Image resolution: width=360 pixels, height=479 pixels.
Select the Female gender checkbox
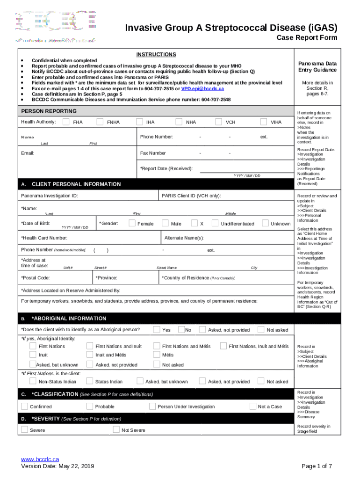pos(132,223)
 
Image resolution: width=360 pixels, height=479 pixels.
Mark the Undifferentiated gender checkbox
pos(215,223)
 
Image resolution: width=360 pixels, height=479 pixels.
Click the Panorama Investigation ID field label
pos(49,196)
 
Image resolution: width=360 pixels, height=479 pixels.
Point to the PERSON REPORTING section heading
pos(49,111)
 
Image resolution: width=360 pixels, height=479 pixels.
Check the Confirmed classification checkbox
pos(24,406)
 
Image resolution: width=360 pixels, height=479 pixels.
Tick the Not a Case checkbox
pos(252,406)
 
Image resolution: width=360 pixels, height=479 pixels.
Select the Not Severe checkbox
pos(116,429)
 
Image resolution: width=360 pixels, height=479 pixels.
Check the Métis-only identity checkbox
pos(157,355)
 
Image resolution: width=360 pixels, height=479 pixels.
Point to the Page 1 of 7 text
pos(317,466)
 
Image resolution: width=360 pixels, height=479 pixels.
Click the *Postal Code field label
pos(36,278)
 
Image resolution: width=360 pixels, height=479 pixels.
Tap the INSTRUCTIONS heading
pos(156,55)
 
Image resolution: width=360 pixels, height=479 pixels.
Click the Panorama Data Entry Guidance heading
pos(317,67)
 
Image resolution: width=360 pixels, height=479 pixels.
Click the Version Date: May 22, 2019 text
pos(58,466)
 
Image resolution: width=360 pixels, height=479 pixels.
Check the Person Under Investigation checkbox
pos(152,406)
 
